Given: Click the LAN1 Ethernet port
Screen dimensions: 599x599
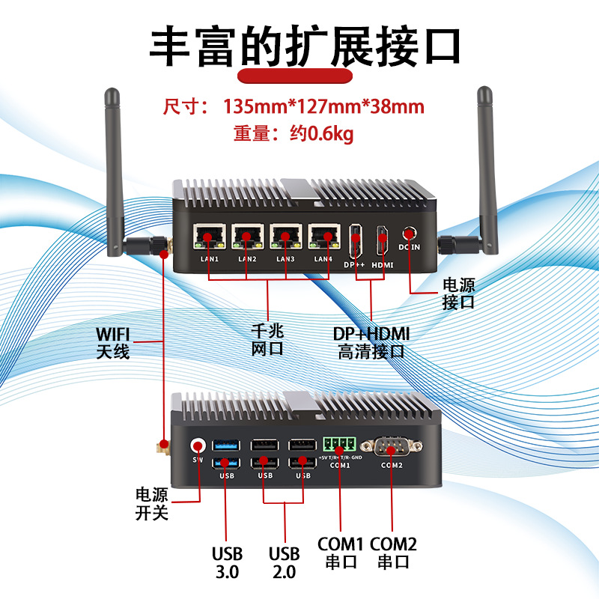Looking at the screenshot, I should (209, 238).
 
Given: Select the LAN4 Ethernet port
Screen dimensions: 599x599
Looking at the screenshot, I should (324, 238).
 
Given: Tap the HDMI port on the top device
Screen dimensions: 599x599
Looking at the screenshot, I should (382, 241).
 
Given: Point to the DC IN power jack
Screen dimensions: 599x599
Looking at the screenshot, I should (410, 234).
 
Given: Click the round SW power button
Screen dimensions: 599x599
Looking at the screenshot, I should (198, 445).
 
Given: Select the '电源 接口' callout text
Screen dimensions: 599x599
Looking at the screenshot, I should (458, 294).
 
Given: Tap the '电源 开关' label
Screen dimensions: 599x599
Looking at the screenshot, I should (151, 504).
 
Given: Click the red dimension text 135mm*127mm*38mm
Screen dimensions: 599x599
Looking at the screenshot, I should (323, 106).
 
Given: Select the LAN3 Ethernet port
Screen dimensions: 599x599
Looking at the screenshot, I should (286, 238).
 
